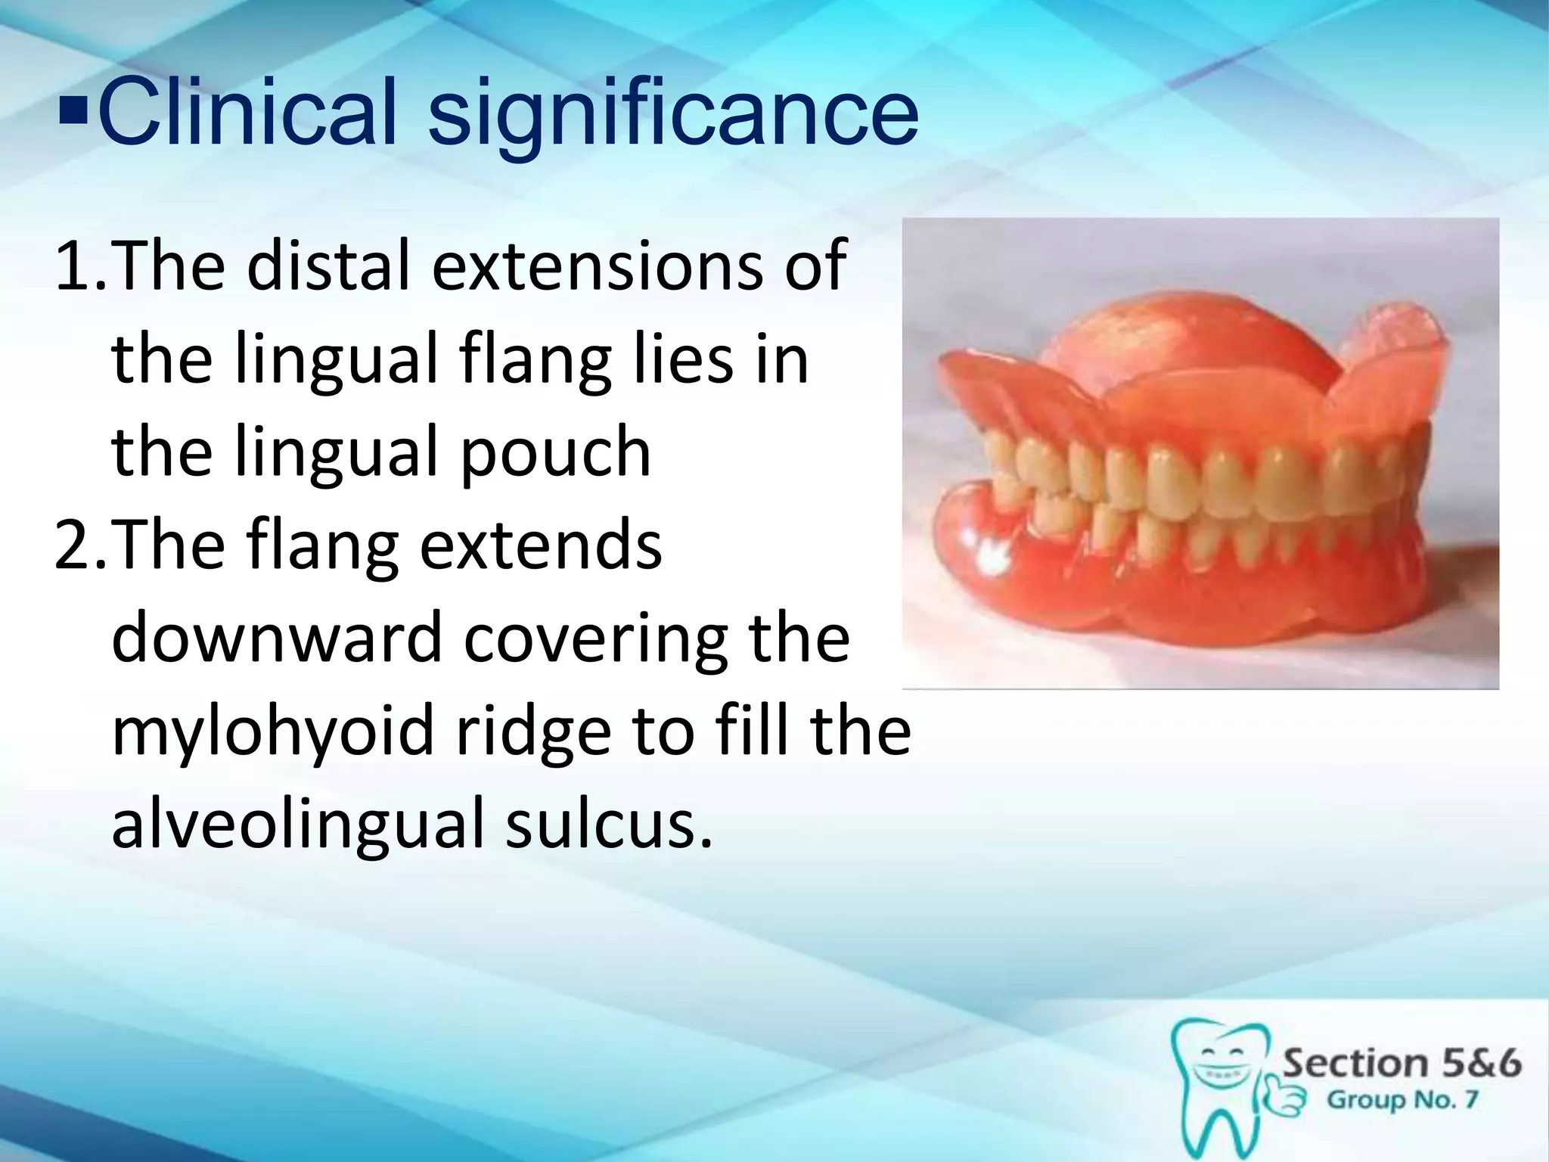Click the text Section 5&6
1402,1064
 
